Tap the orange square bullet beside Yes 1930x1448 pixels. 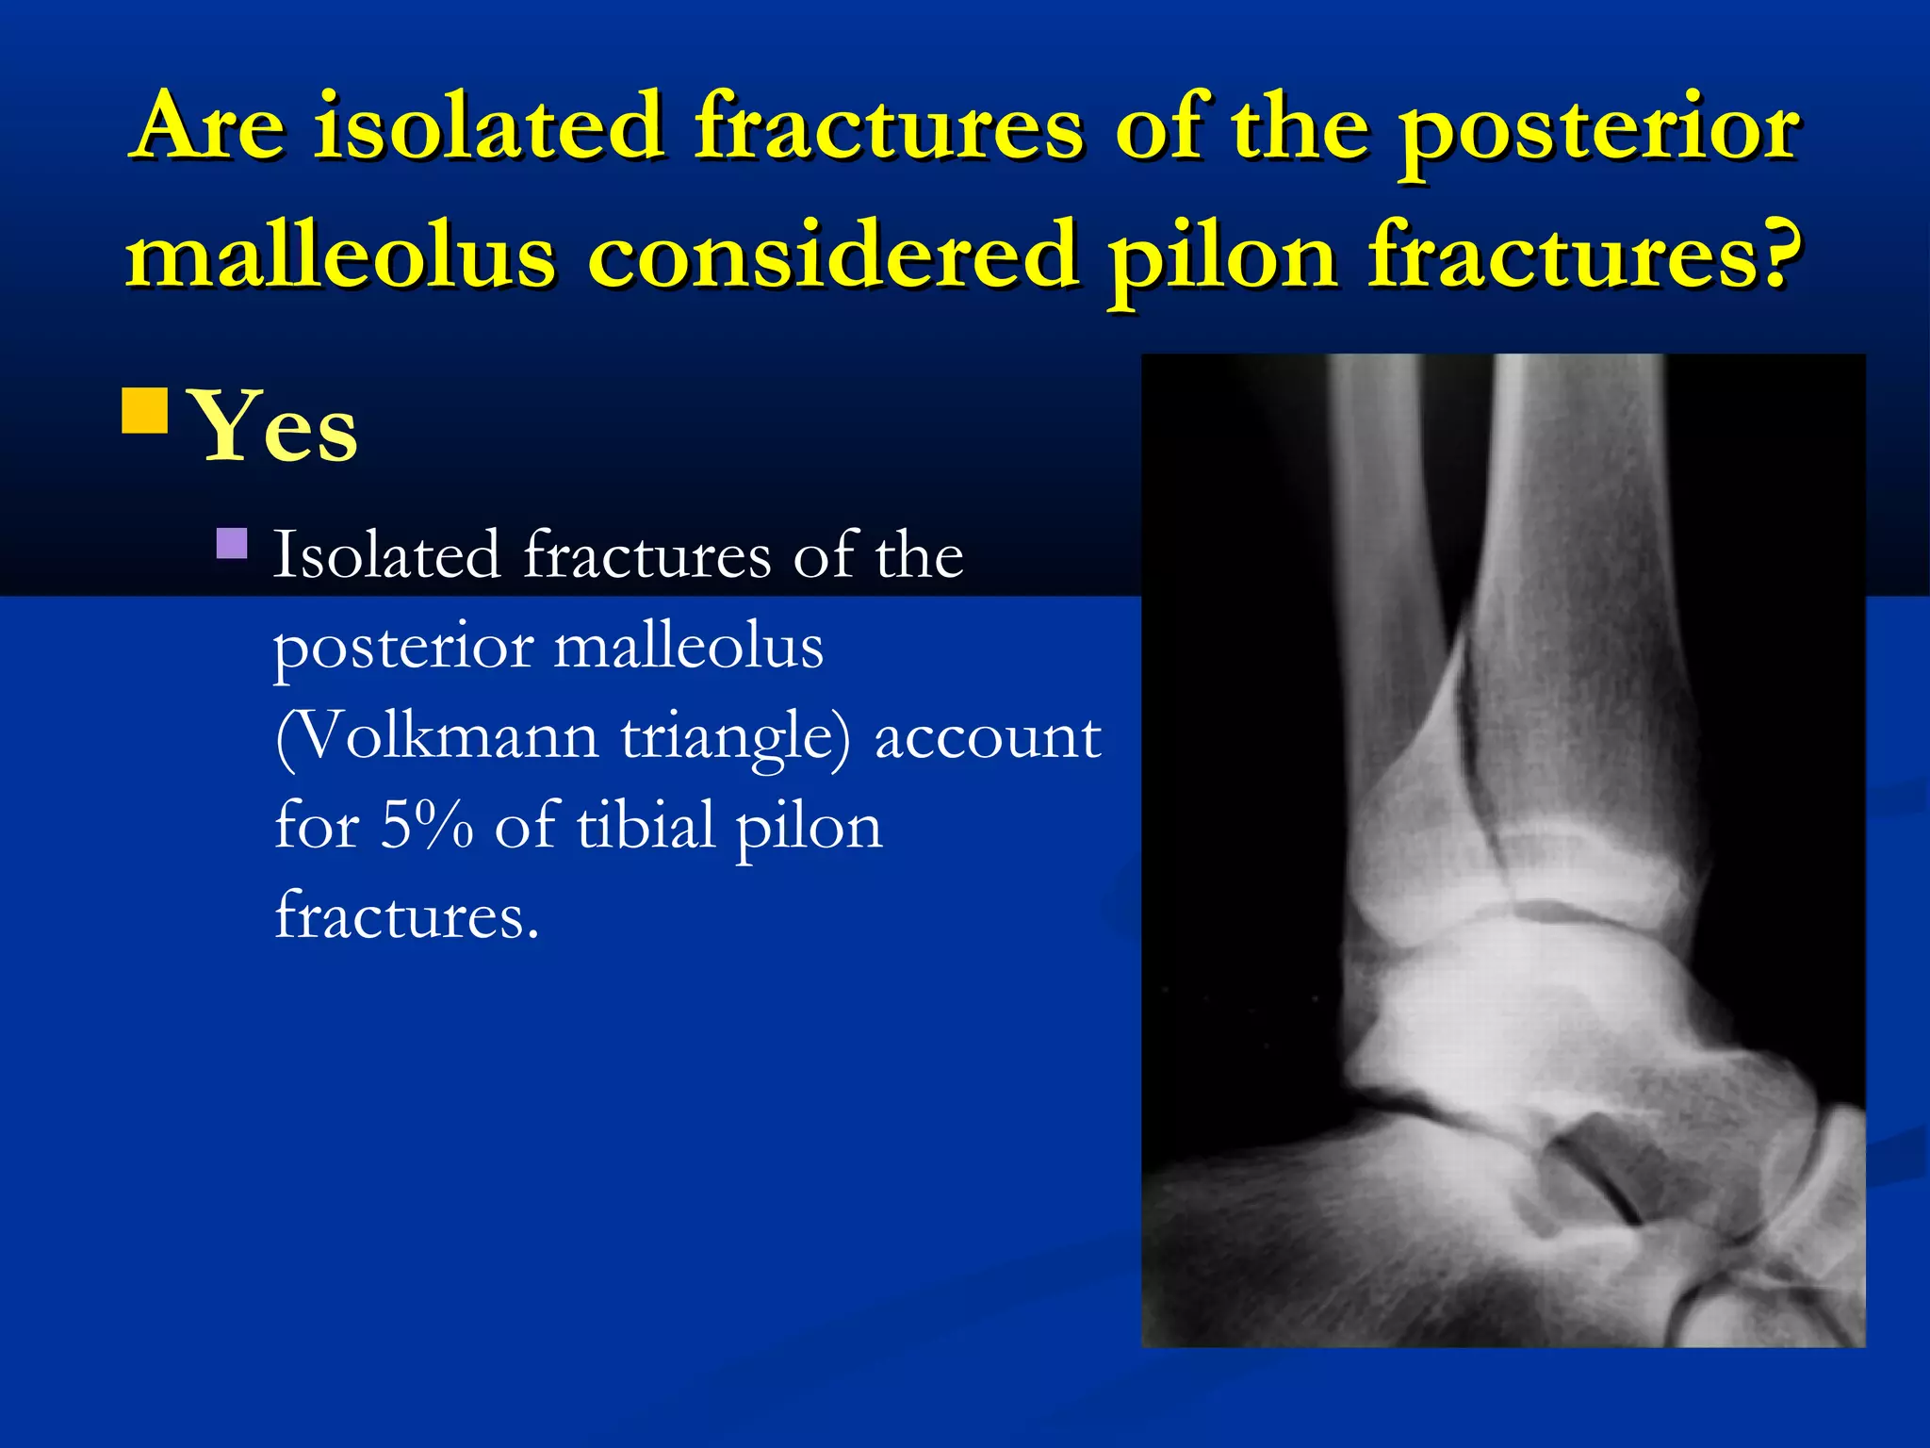pos(145,410)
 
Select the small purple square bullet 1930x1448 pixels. pos(232,543)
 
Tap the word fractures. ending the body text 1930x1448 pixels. pos(406,915)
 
